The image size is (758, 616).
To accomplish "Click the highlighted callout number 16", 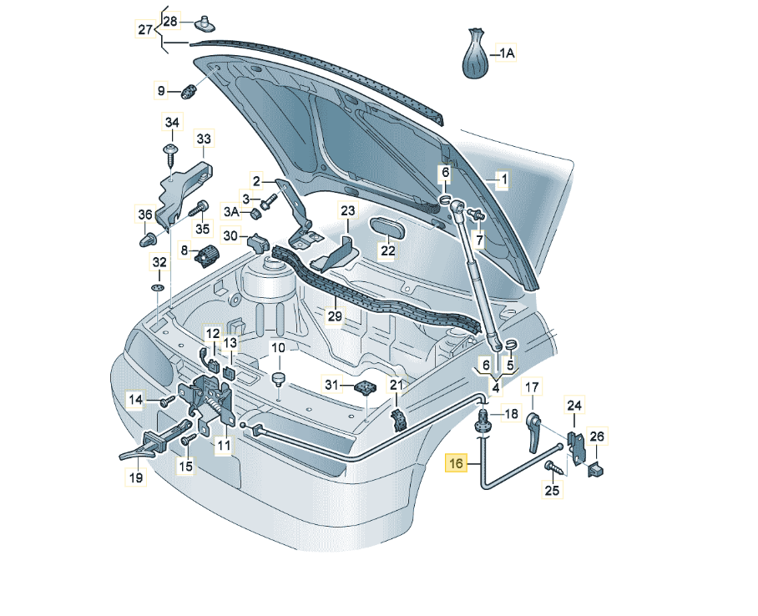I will point(456,464).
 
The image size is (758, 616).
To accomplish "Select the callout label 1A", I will point(508,53).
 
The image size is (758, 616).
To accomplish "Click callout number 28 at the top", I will point(170,20).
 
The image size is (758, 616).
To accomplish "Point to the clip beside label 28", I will point(204,23).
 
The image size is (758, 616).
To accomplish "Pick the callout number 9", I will point(161,90).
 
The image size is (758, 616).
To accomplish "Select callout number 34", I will point(172,123).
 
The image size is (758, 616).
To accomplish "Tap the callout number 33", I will point(205,138).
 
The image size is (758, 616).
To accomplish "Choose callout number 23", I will point(347,210).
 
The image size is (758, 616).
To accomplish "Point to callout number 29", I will point(335,316).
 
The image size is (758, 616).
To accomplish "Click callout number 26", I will point(596,436).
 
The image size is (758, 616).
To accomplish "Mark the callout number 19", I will point(135,478).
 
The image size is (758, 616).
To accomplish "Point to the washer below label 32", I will point(157,288).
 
